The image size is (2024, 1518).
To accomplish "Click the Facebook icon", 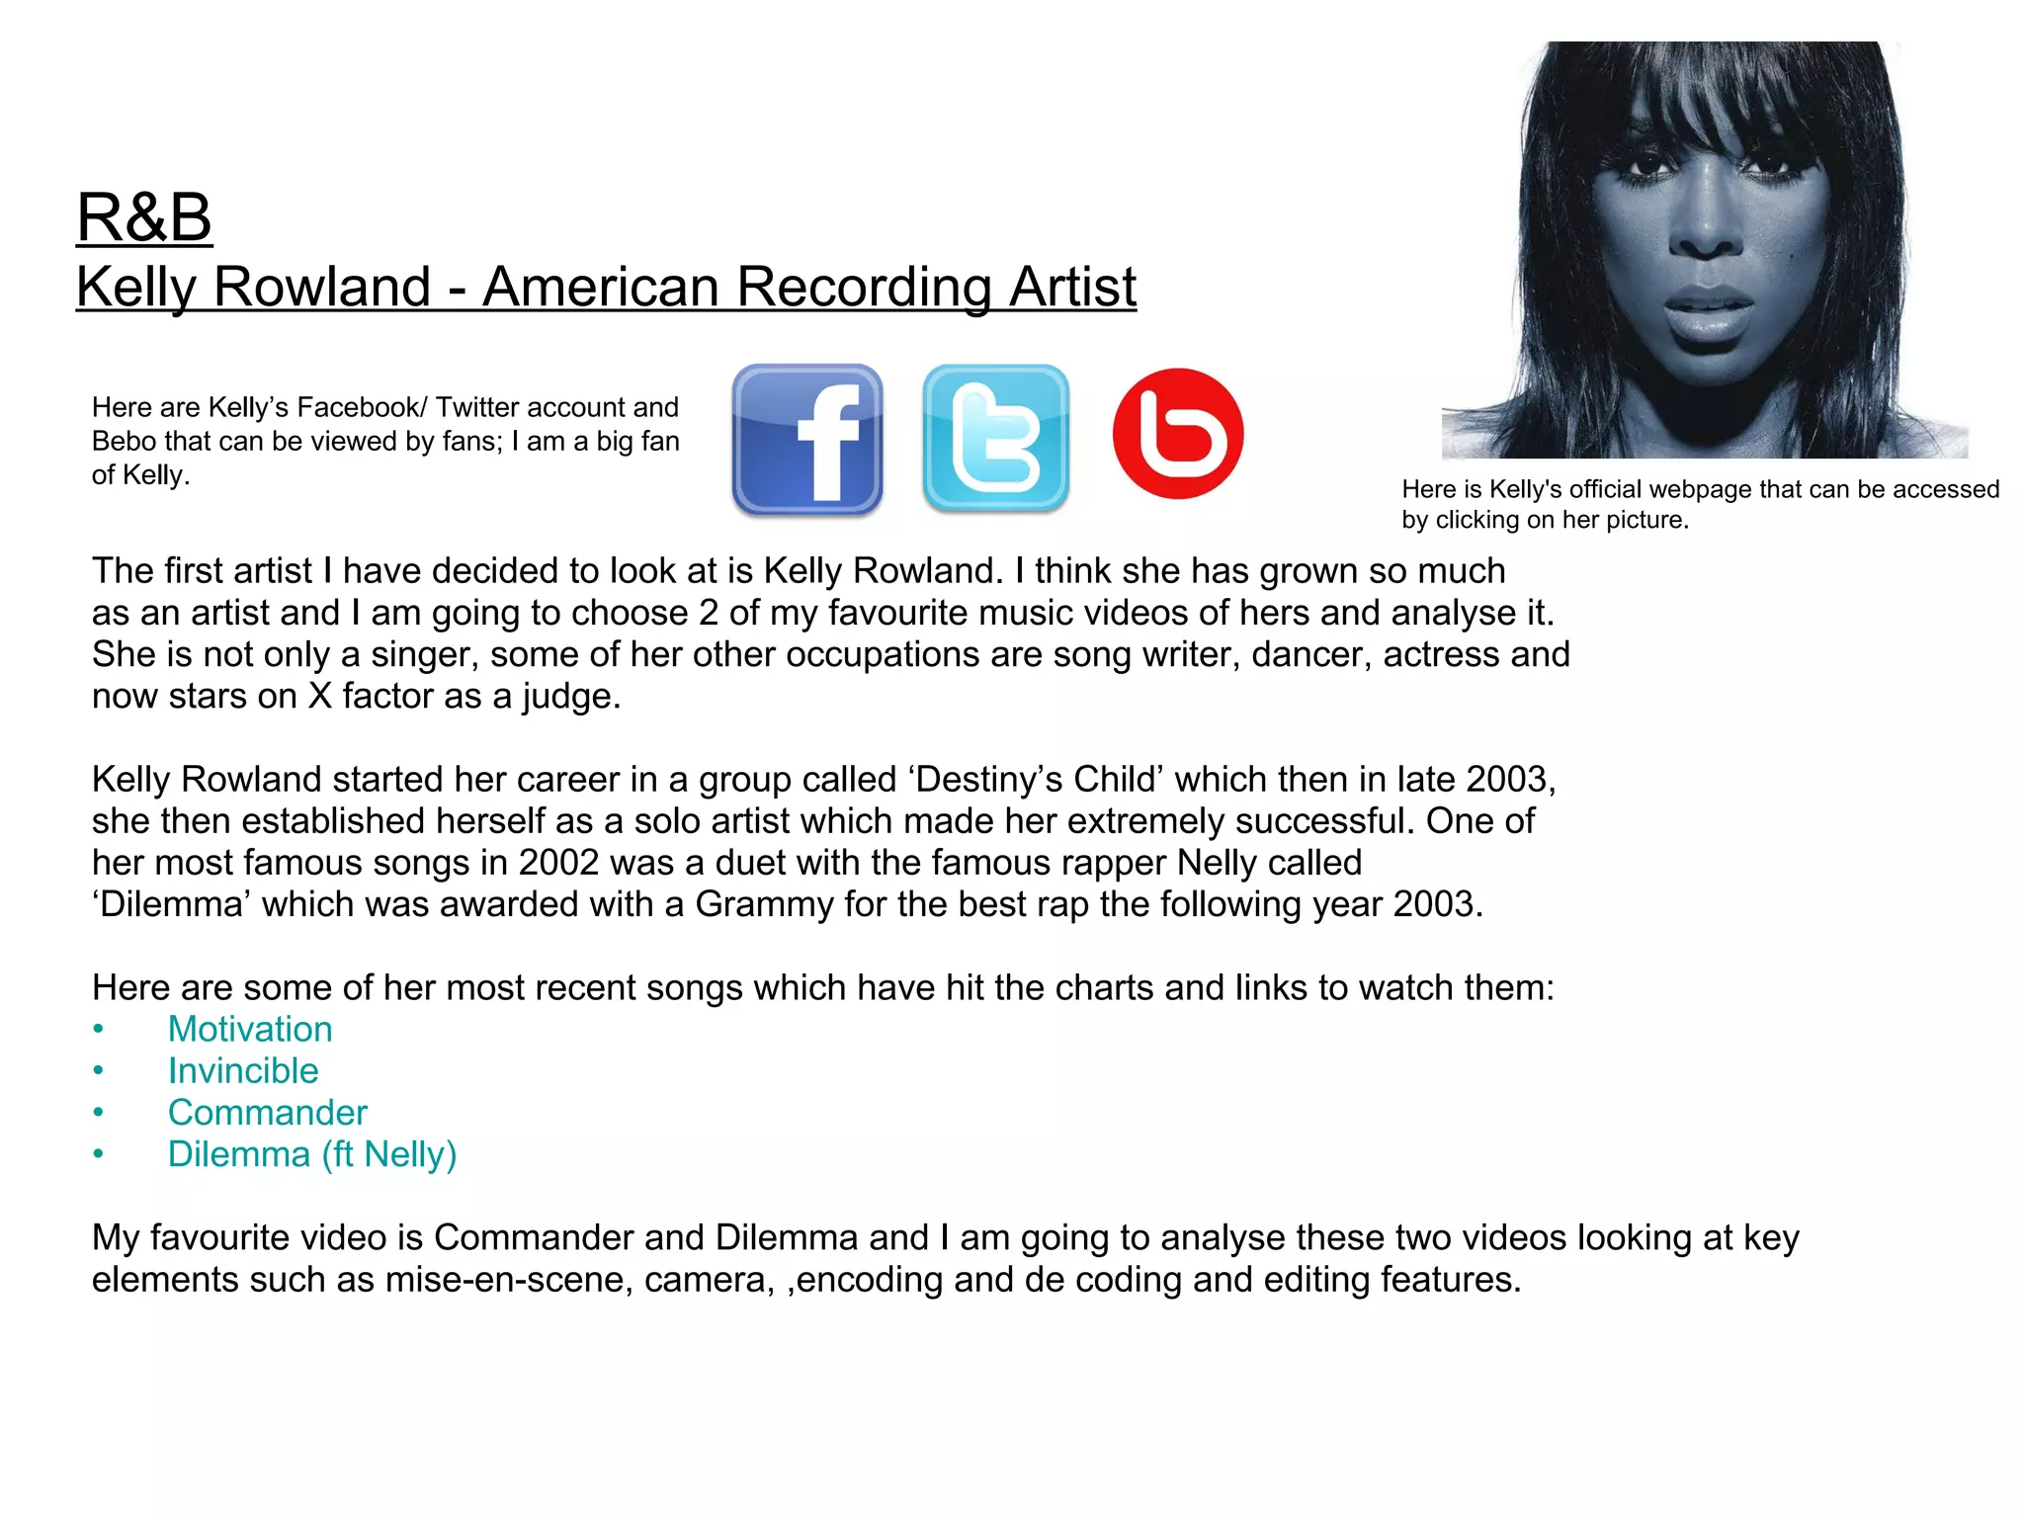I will coord(807,439).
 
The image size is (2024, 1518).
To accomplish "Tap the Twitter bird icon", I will coord(995,439).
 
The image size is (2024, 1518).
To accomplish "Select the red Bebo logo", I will coord(1177,434).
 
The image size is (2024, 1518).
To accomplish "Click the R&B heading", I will coord(144,217).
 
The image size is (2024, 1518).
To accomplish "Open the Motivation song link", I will coord(250,1030).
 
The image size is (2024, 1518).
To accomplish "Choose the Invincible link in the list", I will coord(243,1071).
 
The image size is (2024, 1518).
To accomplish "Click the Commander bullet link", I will coord(267,1113).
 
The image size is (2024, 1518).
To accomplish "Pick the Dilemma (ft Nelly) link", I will coord(312,1154).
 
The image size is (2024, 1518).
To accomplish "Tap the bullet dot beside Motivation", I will coord(98,1030).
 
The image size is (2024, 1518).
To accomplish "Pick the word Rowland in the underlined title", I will coord(322,288).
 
